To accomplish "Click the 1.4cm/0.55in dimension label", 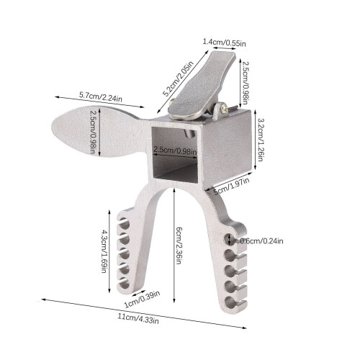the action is (x=225, y=42).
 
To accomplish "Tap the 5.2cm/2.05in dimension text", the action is (x=178, y=78).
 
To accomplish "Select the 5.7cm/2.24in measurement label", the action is (x=101, y=96).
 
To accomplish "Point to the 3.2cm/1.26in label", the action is (x=261, y=139).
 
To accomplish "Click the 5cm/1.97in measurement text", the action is (x=232, y=186).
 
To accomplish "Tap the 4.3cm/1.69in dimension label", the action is (x=104, y=251).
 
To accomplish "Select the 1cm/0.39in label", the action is (x=142, y=300).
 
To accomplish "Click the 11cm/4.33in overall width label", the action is (x=138, y=318).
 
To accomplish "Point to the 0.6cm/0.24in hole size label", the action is (x=261, y=240).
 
